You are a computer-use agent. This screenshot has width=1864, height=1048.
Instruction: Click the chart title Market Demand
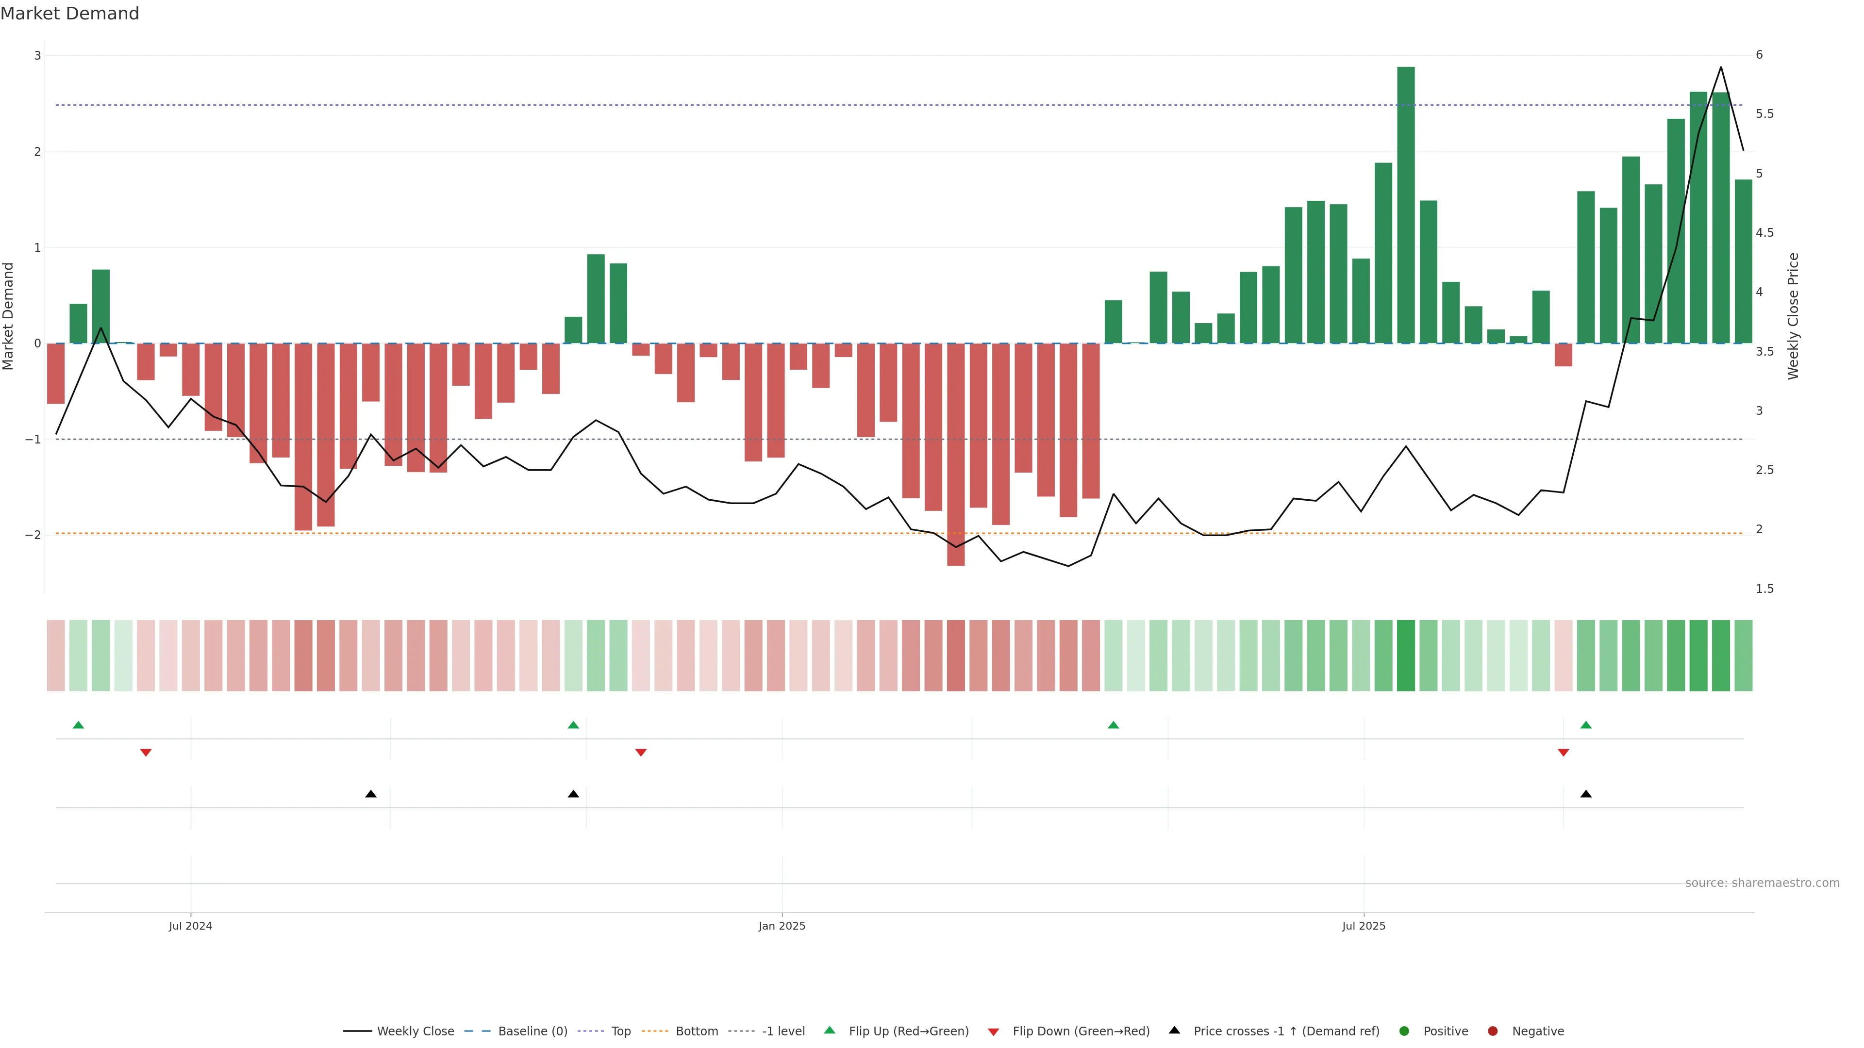tap(69, 14)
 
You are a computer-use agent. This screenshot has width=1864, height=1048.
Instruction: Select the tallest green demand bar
tap(1405, 205)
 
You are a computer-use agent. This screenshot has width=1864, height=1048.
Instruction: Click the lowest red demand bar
tap(955, 454)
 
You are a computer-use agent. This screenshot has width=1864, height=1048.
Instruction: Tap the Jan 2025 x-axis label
tap(782, 926)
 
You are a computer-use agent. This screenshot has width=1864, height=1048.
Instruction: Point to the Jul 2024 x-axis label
tap(190, 926)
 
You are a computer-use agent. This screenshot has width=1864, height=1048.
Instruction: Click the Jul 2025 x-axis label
tap(1363, 926)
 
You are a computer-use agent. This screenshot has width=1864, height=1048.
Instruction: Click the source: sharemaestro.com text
tap(1762, 883)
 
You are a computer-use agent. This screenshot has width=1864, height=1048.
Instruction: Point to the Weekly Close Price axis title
tap(1793, 316)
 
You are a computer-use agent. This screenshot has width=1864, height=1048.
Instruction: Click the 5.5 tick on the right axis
tap(1764, 115)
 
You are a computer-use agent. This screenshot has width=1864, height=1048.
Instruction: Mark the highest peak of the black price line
tap(1721, 67)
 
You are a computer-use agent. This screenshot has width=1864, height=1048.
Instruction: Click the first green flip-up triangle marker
tap(78, 725)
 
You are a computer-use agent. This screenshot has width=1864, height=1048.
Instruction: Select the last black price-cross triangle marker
tap(1585, 794)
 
